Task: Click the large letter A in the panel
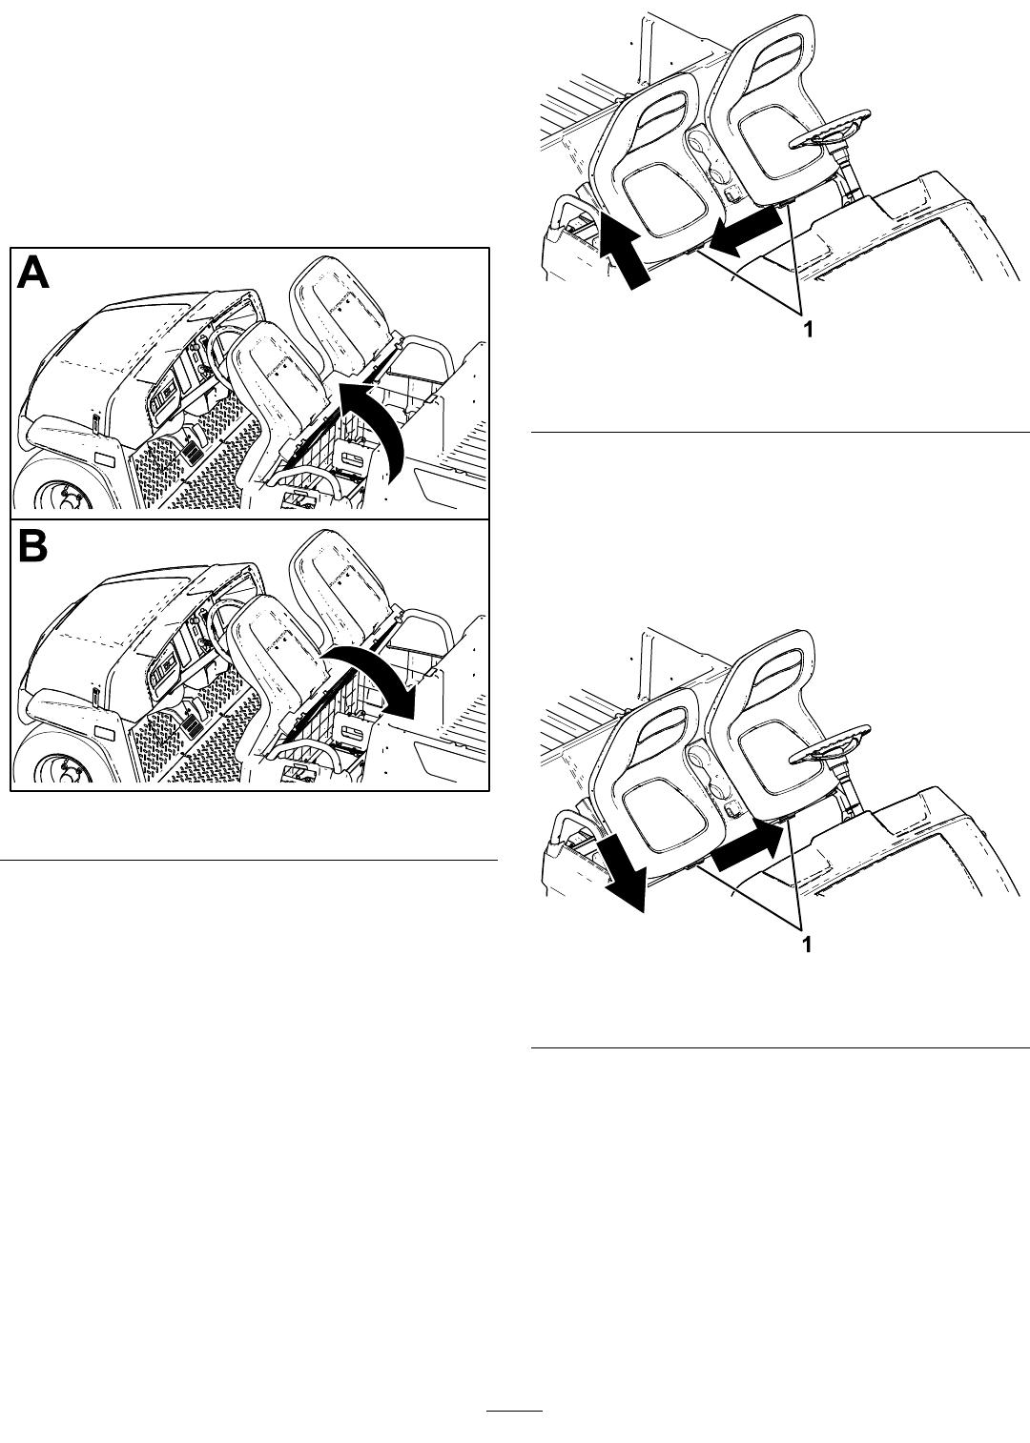point(33,274)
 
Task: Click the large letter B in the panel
point(32,546)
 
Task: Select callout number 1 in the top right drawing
point(807,330)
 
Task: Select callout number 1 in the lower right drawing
point(807,945)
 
